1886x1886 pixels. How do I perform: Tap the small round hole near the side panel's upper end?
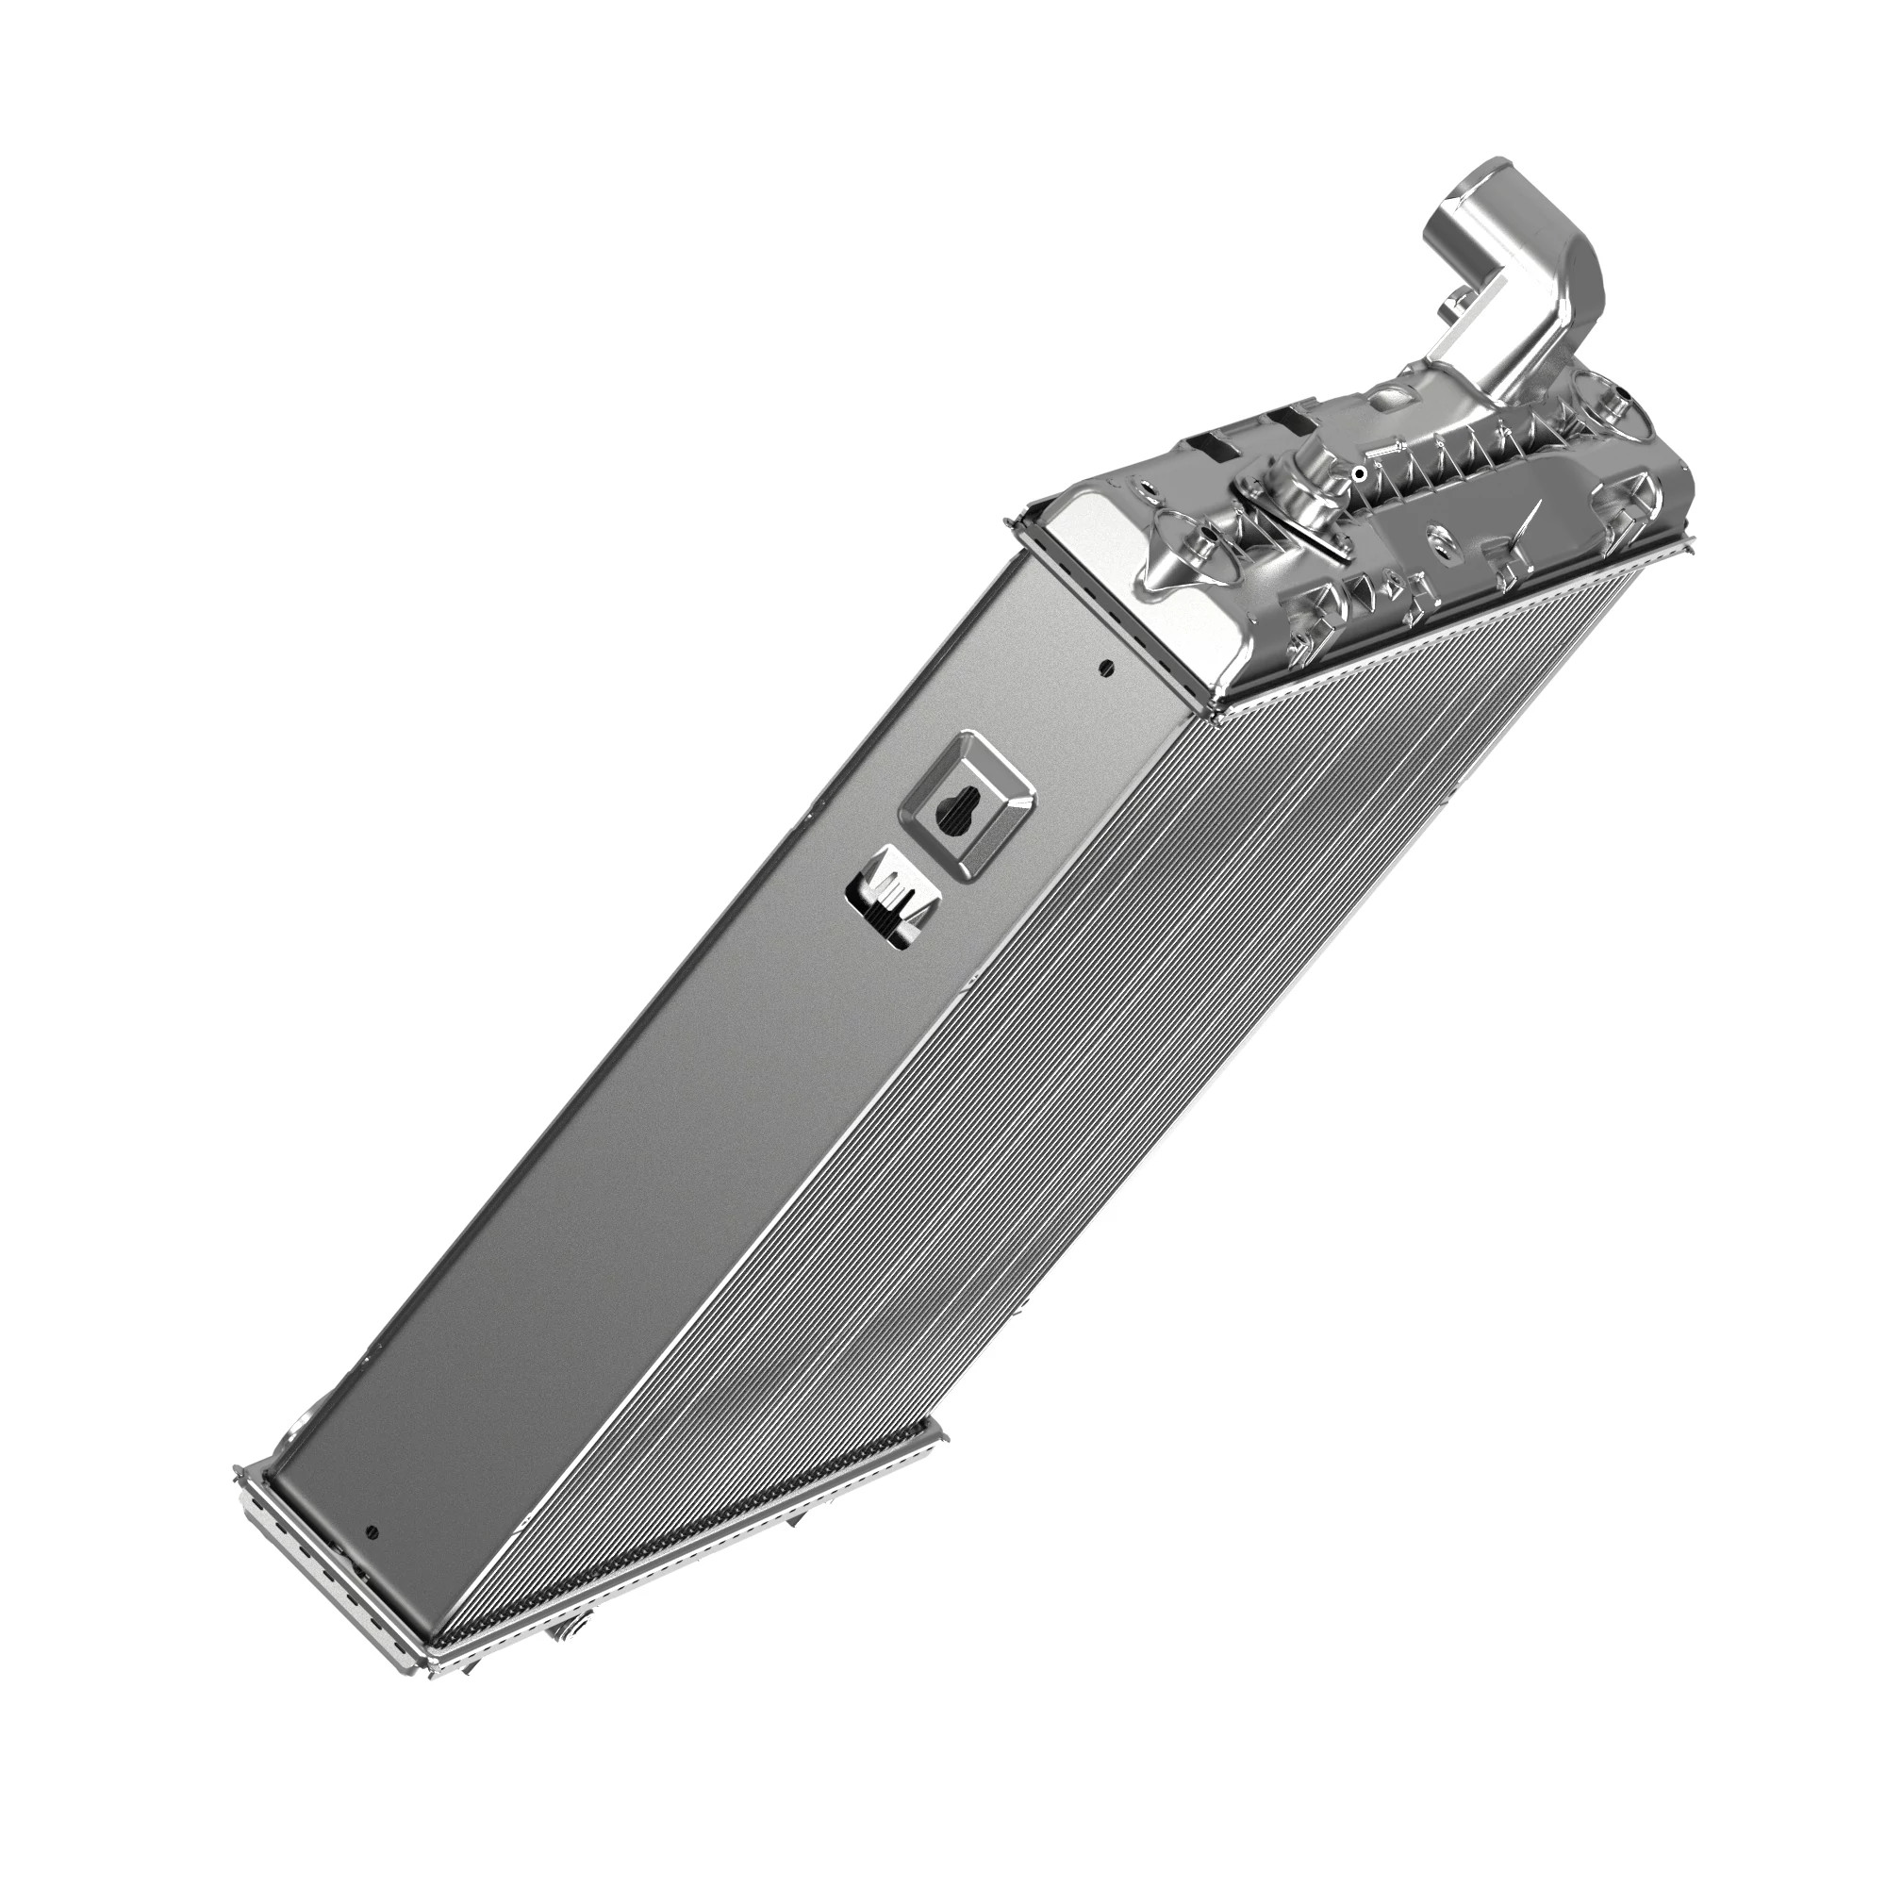[1105, 668]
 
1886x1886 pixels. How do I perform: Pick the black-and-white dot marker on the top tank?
[1359, 473]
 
